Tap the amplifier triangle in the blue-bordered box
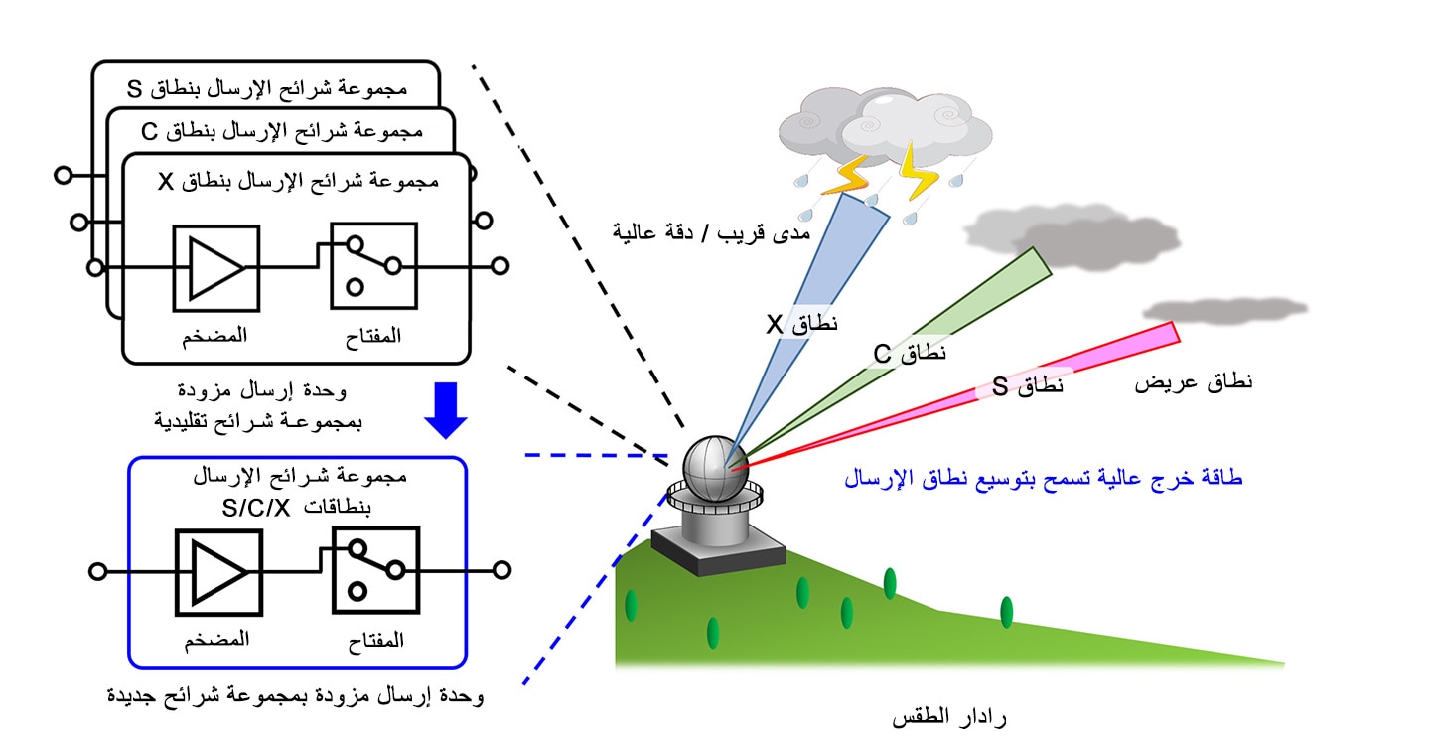pyautogui.click(x=218, y=572)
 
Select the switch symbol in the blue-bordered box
pyautogui.click(x=376, y=570)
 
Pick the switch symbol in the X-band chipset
pyautogui.click(x=374, y=265)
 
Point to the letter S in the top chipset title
pyautogui.click(x=134, y=89)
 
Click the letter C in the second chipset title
pyautogui.click(x=149, y=131)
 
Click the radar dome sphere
pyautogui.click(x=715, y=469)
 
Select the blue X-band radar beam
pyautogui.click(x=807, y=319)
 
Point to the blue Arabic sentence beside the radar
pyautogui.click(x=1043, y=478)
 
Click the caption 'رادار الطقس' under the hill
pyautogui.click(x=948, y=718)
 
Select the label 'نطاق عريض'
pyautogui.click(x=1194, y=382)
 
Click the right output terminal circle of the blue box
pyautogui.click(x=501, y=570)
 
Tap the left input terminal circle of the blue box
pyautogui.click(x=97, y=571)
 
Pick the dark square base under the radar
pyautogui.click(x=718, y=553)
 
